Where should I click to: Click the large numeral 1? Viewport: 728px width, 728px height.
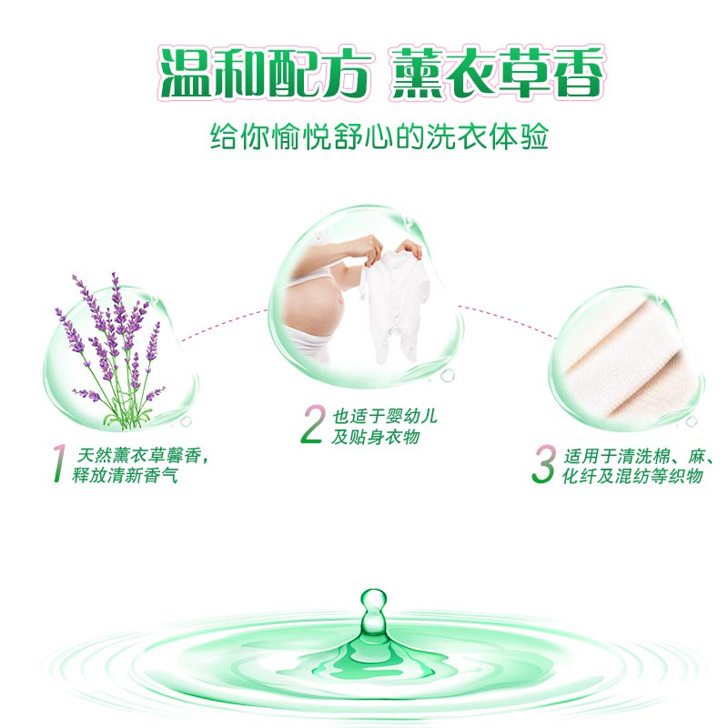(x=59, y=463)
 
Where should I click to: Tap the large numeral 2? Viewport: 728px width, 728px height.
(x=312, y=424)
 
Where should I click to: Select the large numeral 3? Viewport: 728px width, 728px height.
(x=543, y=464)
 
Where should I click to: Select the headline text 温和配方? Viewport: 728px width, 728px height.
(x=265, y=73)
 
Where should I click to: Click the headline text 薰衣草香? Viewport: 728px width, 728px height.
(x=497, y=73)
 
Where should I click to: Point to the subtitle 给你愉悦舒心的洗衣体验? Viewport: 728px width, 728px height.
(x=379, y=136)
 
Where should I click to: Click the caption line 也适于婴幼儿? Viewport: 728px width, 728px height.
(x=385, y=417)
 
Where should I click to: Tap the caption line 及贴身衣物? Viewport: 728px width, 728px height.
(x=376, y=437)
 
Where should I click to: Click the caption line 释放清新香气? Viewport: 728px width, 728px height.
(x=125, y=475)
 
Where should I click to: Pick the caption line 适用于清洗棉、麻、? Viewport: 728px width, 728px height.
(x=638, y=457)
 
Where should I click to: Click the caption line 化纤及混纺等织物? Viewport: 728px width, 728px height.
(x=632, y=476)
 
